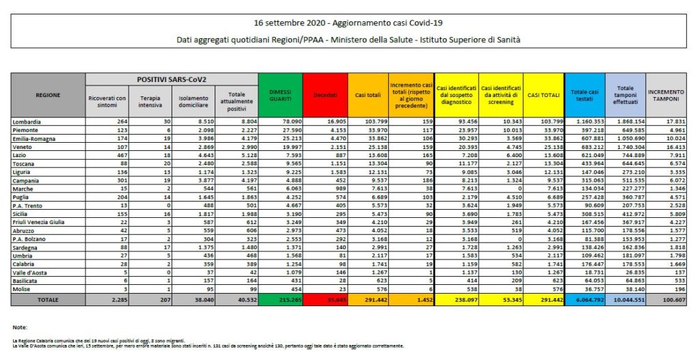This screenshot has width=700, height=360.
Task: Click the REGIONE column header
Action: point(49,95)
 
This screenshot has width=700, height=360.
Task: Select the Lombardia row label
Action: point(27,122)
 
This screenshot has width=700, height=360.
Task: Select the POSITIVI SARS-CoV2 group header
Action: point(171,80)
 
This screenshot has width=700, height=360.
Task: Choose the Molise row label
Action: point(22,288)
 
